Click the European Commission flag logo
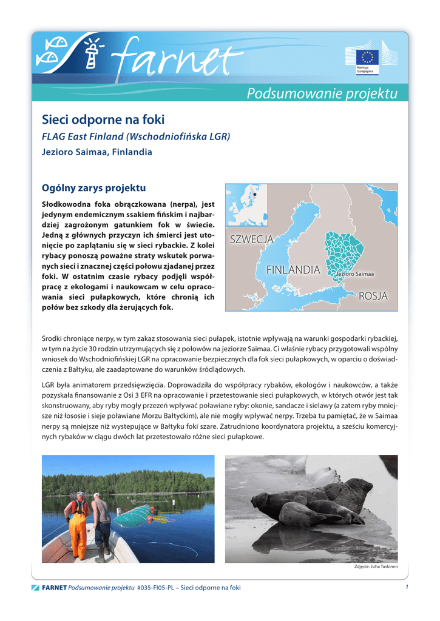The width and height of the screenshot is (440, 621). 367,58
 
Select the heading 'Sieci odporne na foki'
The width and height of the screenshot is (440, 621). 103,119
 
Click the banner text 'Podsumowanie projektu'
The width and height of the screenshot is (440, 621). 322,93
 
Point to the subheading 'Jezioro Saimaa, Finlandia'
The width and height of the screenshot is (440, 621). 96,152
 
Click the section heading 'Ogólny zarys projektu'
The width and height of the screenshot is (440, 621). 93,188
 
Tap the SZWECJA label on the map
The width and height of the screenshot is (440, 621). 251,240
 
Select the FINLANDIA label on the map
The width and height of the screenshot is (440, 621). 293,269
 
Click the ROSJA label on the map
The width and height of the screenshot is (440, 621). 373,296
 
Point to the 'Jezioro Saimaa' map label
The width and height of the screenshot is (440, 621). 356,275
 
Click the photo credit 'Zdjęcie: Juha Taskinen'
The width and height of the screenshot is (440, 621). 375,566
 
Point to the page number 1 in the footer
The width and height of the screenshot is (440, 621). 406,587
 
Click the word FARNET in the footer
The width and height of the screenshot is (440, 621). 54,588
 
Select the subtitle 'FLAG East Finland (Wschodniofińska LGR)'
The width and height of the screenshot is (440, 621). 135,136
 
